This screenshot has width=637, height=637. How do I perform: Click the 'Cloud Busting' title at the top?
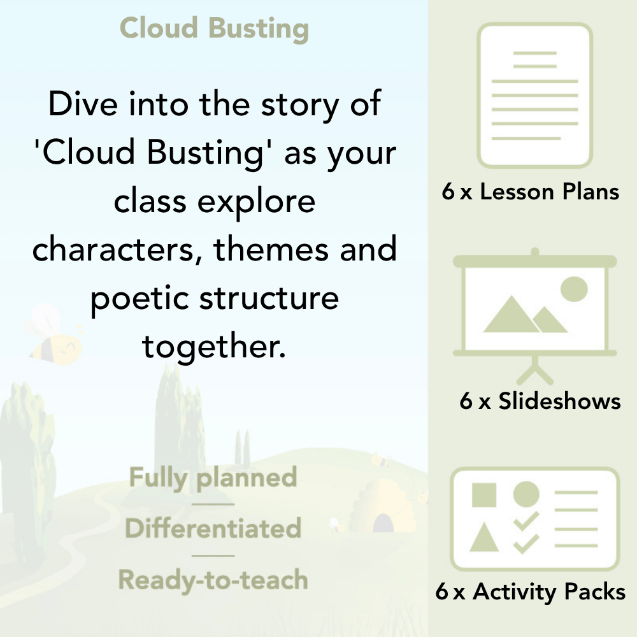214,29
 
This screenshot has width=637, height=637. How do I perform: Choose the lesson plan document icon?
535,96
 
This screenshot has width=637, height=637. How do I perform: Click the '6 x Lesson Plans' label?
531,192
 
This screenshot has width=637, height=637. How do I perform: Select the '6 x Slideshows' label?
540,401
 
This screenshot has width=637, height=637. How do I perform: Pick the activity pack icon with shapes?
535,519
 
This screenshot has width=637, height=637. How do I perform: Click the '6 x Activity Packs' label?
531,592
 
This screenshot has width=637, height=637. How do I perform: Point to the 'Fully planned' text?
213,478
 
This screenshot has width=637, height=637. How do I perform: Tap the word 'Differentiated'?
213,529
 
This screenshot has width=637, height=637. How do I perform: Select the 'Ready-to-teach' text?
213,580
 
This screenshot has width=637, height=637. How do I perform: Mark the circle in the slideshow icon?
574,288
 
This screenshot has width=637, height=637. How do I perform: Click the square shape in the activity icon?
484,494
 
